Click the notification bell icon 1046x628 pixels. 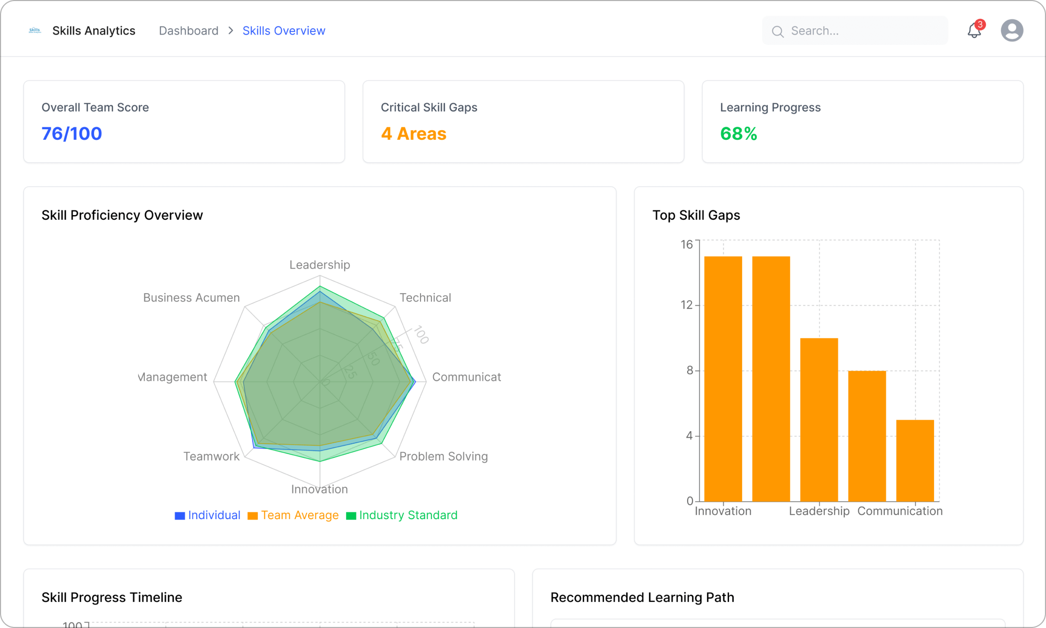(974, 30)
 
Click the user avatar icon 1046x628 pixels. (1011, 30)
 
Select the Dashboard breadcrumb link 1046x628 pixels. (188, 31)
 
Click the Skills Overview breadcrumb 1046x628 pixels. (283, 31)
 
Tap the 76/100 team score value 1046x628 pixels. (72, 134)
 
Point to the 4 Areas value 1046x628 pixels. (413, 134)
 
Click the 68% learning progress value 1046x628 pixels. (738, 134)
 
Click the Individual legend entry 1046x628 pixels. (208, 515)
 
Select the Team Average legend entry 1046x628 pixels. (293, 515)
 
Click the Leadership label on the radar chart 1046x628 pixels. (320, 265)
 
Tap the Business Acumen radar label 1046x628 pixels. (191, 298)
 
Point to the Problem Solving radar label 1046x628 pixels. (443, 456)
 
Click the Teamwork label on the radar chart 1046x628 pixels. (211, 456)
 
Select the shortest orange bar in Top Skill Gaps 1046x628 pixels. (915, 461)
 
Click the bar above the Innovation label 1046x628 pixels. (723, 379)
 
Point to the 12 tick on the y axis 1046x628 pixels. (686, 305)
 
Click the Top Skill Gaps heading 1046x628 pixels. (696, 215)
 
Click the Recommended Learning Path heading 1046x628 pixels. (642, 598)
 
